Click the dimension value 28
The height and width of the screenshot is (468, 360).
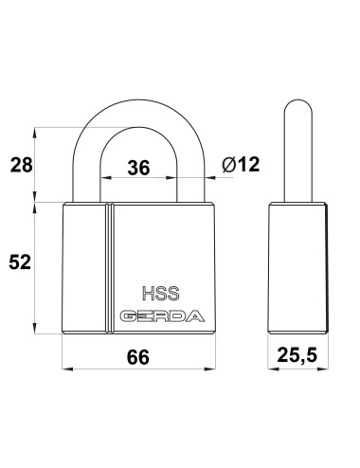tap(21, 165)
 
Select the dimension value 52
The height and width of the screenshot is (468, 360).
tap(20, 262)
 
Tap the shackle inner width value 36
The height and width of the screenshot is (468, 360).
tap(138, 168)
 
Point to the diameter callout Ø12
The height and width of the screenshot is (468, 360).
tap(241, 165)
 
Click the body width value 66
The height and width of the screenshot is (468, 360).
tap(138, 357)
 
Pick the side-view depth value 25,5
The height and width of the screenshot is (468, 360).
tap(297, 355)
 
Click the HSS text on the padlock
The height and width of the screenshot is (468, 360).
tap(161, 294)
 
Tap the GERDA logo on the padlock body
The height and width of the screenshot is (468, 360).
tap(162, 316)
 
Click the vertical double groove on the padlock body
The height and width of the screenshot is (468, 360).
tap(109, 268)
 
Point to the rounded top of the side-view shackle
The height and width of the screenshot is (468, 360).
tap(298, 101)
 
